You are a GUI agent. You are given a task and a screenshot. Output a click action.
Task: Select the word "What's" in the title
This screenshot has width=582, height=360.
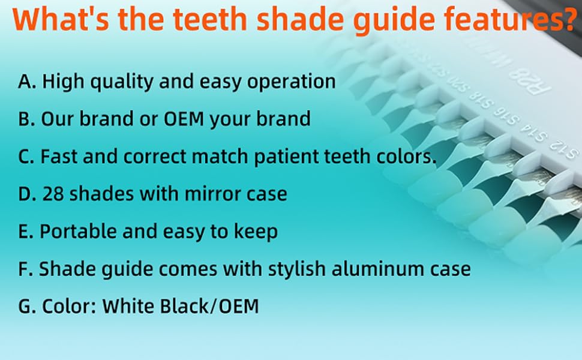pyautogui.click(x=61, y=19)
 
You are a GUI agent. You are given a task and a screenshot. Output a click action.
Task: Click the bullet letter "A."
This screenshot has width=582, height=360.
pyautogui.click(x=27, y=81)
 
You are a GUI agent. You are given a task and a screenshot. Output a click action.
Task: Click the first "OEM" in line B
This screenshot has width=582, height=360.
pyautogui.click(x=184, y=119)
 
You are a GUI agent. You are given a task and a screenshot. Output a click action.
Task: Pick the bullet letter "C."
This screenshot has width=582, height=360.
pyautogui.click(x=26, y=157)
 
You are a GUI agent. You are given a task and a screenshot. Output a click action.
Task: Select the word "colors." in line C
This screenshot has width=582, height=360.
pyautogui.click(x=406, y=157)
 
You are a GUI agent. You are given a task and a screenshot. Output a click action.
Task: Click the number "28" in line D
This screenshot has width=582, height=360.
pyautogui.click(x=53, y=194)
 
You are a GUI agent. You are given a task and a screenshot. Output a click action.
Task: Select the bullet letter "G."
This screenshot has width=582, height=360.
pyautogui.click(x=27, y=307)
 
